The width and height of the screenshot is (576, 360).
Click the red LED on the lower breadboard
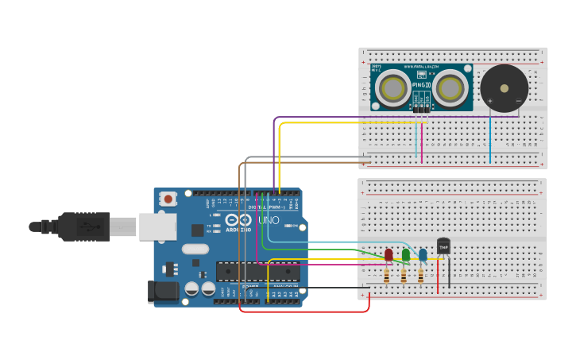389,254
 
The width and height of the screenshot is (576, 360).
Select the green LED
406,254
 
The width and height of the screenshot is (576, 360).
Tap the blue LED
423,254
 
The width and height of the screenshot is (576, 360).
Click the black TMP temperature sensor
443,247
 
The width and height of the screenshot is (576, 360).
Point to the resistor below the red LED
387,276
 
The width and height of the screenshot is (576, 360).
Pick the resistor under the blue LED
421,276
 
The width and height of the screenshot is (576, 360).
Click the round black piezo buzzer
504,86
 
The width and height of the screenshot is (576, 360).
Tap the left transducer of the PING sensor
393,88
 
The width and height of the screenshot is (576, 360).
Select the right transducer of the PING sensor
450,88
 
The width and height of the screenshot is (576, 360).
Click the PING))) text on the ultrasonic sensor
422,84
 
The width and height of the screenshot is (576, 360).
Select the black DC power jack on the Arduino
163,292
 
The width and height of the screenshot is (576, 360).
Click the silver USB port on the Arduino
157,226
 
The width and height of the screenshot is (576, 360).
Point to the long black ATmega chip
257,272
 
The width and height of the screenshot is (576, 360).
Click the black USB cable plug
83,226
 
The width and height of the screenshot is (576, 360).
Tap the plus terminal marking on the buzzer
490,101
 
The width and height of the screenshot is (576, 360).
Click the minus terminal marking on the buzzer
518,101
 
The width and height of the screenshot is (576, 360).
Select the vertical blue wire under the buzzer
490,139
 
